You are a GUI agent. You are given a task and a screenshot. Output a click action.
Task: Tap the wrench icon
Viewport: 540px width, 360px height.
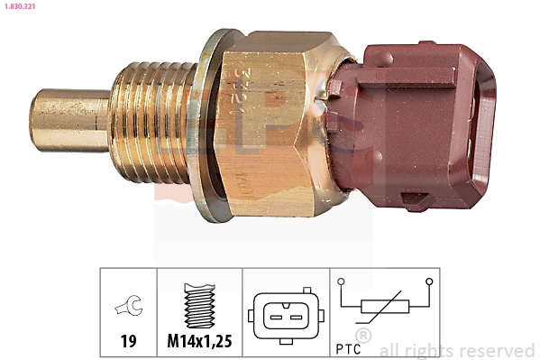[127, 309]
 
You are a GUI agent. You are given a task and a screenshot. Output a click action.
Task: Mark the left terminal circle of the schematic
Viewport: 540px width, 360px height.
[341, 282]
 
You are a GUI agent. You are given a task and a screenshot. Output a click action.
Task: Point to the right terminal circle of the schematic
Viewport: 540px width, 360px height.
[429, 282]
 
